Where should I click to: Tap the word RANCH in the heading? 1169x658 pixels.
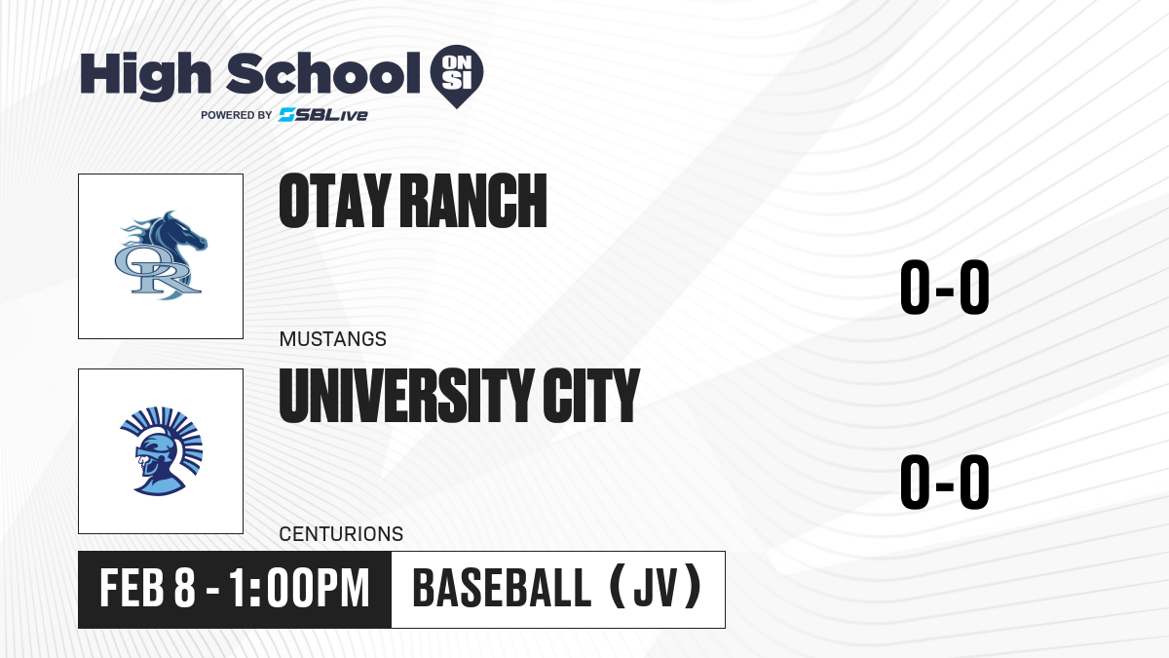pyautogui.click(x=473, y=201)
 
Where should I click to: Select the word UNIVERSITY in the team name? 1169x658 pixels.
pyautogui.click(x=406, y=396)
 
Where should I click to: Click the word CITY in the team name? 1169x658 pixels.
pyautogui.click(x=591, y=396)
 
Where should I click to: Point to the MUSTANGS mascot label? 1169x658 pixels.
pyautogui.click(x=333, y=339)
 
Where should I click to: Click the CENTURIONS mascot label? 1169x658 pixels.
pyautogui.click(x=341, y=534)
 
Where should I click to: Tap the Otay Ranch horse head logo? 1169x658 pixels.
pyautogui.click(x=161, y=255)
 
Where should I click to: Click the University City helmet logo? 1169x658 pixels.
pyautogui.click(x=161, y=450)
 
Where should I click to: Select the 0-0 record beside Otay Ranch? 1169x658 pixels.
pyautogui.click(x=945, y=288)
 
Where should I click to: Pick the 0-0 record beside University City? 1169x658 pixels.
pyautogui.click(x=945, y=482)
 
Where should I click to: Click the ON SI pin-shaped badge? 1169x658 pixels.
pyautogui.click(x=457, y=76)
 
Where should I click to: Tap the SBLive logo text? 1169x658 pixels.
pyautogui.click(x=323, y=115)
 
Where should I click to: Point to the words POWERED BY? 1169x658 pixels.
pyautogui.click(x=237, y=115)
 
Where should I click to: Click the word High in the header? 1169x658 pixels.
pyautogui.click(x=145, y=76)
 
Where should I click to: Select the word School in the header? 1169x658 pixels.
pyautogui.click(x=323, y=74)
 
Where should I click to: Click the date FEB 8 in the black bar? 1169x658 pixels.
pyautogui.click(x=148, y=589)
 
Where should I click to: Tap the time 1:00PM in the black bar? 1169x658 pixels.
pyautogui.click(x=299, y=589)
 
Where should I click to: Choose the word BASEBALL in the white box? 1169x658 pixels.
pyautogui.click(x=502, y=589)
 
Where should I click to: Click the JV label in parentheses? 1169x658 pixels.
pyautogui.click(x=656, y=588)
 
